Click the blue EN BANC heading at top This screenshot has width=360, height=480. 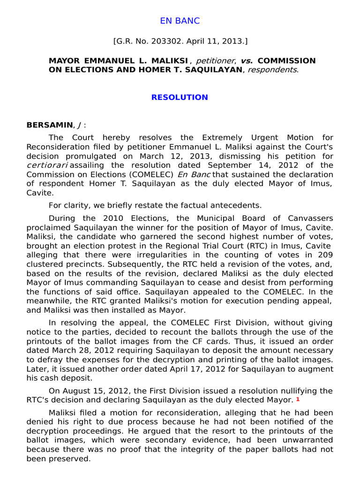(x=180, y=21)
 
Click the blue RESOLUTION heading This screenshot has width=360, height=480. (x=180, y=97)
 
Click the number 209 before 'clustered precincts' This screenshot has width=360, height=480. (x=324, y=255)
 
